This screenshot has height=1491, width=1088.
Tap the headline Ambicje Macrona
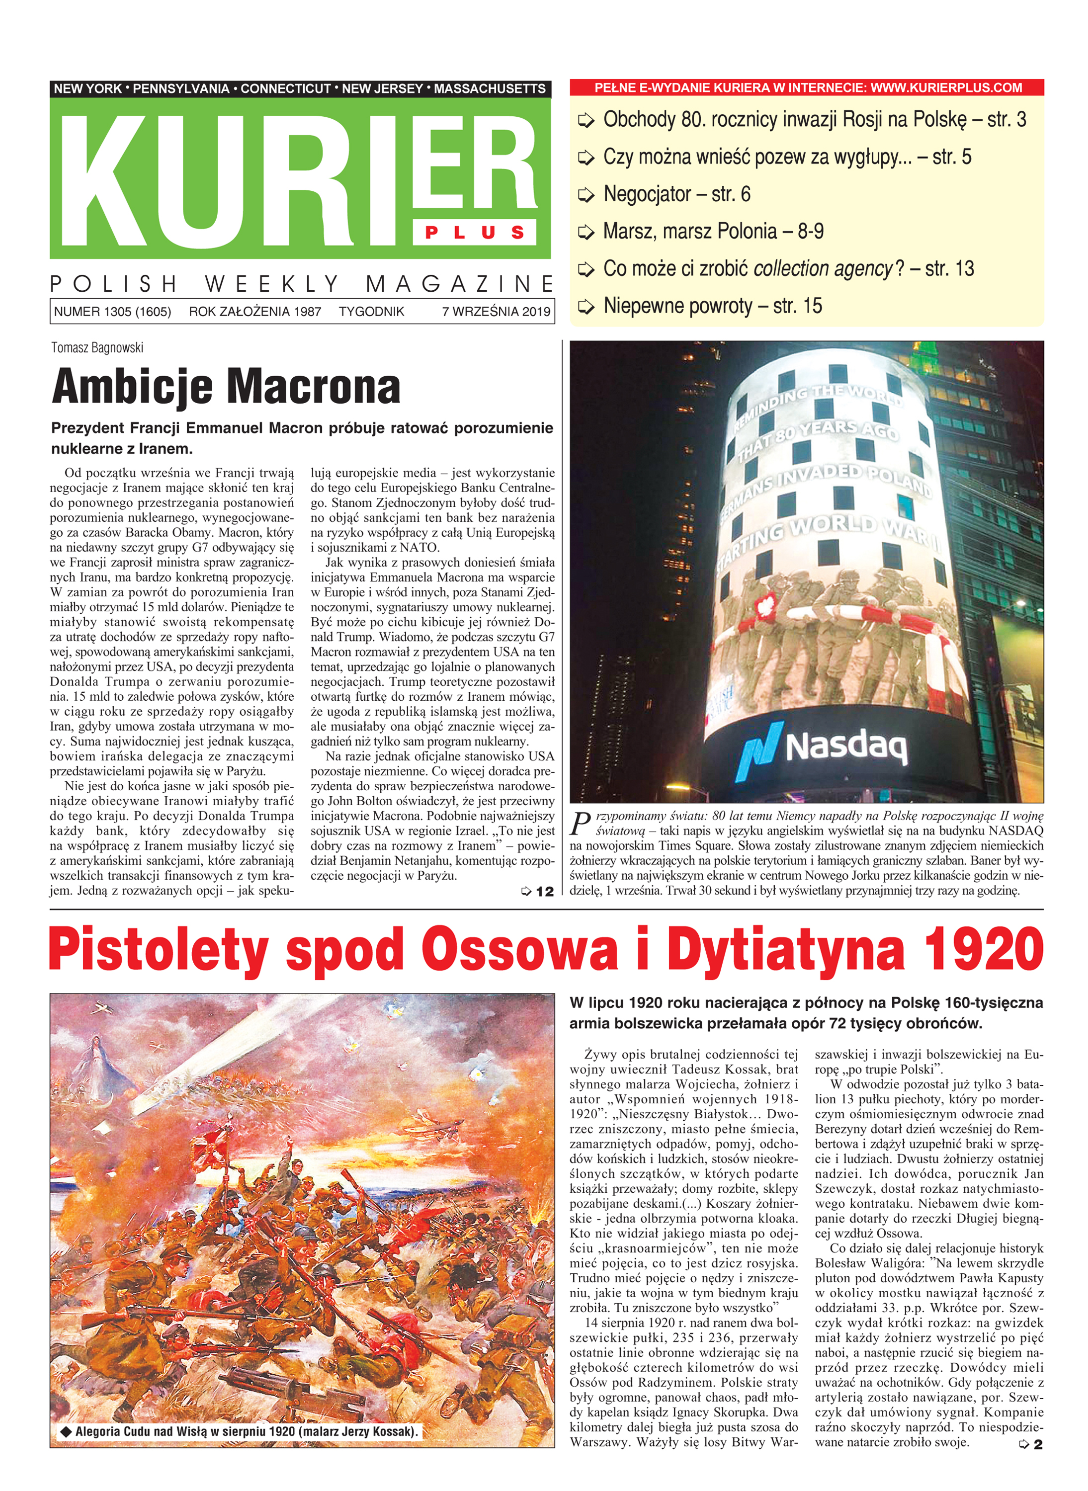(226, 387)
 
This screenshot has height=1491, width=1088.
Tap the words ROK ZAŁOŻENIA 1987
(255, 312)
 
